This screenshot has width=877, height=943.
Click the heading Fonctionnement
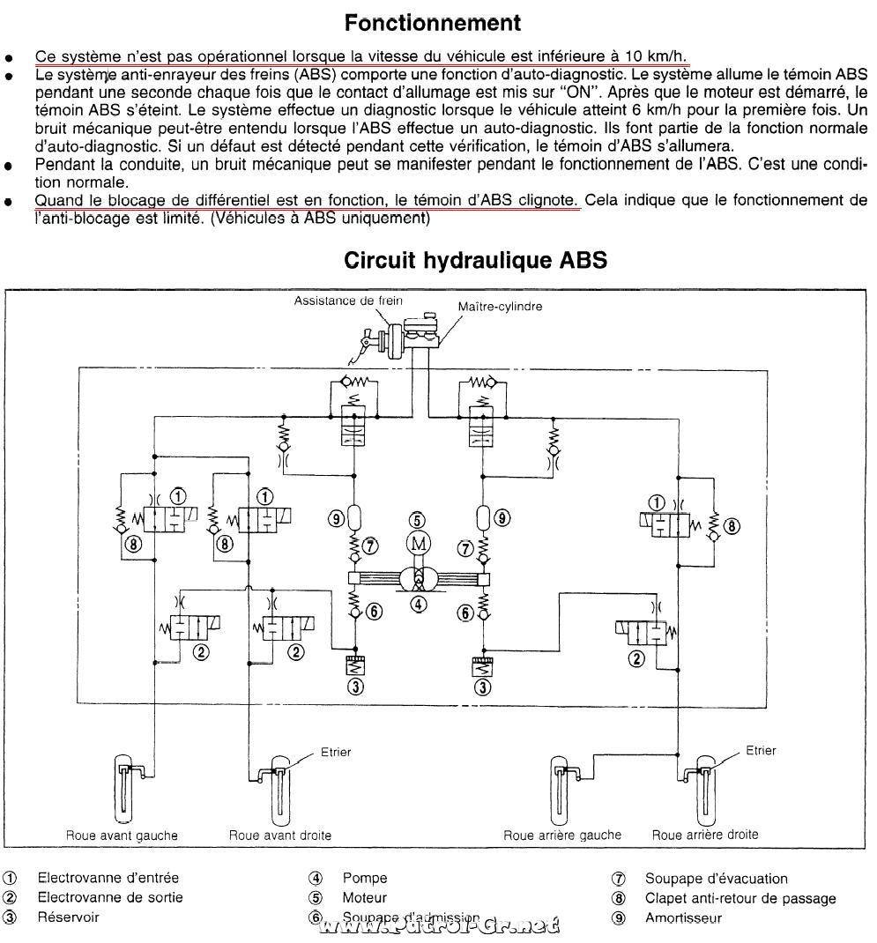[x=433, y=23]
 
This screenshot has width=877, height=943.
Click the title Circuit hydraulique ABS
[x=475, y=260]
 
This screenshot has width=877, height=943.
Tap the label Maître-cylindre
[x=500, y=306]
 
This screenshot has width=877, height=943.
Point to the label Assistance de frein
[x=348, y=301]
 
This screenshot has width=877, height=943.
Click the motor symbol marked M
[x=419, y=544]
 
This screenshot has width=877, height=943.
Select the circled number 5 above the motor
[x=417, y=520]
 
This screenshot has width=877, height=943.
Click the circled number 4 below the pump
[x=418, y=604]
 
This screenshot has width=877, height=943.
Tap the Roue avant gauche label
[x=122, y=835]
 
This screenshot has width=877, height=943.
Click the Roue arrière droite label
[x=705, y=835]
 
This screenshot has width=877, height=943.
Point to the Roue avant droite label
[x=279, y=835]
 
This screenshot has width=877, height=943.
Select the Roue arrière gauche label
[x=561, y=835]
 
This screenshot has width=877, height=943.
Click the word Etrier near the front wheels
[x=336, y=752]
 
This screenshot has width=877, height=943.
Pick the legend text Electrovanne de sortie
[x=110, y=897]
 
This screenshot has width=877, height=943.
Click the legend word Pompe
[x=365, y=878]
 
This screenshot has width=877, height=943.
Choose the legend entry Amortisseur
[x=683, y=917]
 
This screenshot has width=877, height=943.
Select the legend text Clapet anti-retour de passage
[x=740, y=899]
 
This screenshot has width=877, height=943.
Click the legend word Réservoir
[x=68, y=917]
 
